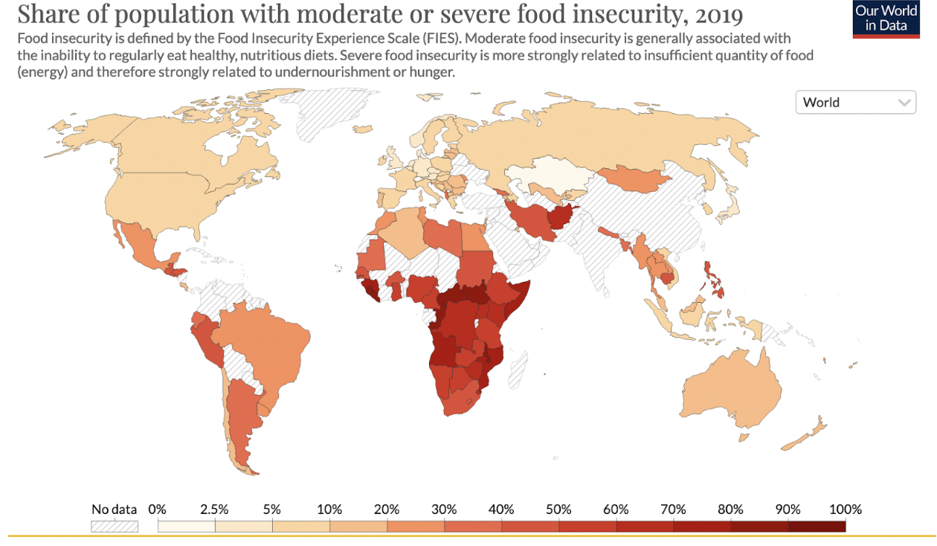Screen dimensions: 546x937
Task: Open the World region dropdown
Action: pos(855,103)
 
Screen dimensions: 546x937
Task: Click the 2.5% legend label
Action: pos(214,510)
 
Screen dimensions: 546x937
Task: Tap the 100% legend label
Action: pos(845,510)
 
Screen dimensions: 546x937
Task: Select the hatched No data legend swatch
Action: pos(114,526)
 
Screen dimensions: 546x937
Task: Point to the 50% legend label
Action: pos(558,510)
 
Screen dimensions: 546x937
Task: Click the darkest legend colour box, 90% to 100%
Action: pos(817,526)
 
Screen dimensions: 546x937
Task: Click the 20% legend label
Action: pos(387,510)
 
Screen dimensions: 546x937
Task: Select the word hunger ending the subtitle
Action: pos(435,72)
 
